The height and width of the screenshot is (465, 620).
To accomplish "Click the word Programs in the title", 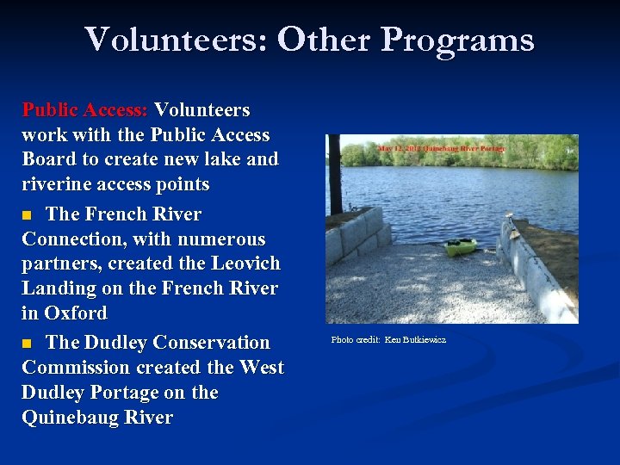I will pyautogui.click(x=457, y=40).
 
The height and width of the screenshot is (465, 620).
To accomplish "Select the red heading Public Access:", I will pyautogui.click(x=85, y=110).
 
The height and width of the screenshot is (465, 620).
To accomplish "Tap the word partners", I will pyautogui.click(x=56, y=264).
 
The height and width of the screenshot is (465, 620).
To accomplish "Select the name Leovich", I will pyautogui.click(x=243, y=264).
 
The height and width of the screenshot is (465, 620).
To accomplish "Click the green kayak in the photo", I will pyautogui.click(x=461, y=246).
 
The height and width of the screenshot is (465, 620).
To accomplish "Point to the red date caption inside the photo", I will pyautogui.click(x=440, y=148).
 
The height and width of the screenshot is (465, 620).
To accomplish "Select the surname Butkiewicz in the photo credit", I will pyautogui.click(x=427, y=340).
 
